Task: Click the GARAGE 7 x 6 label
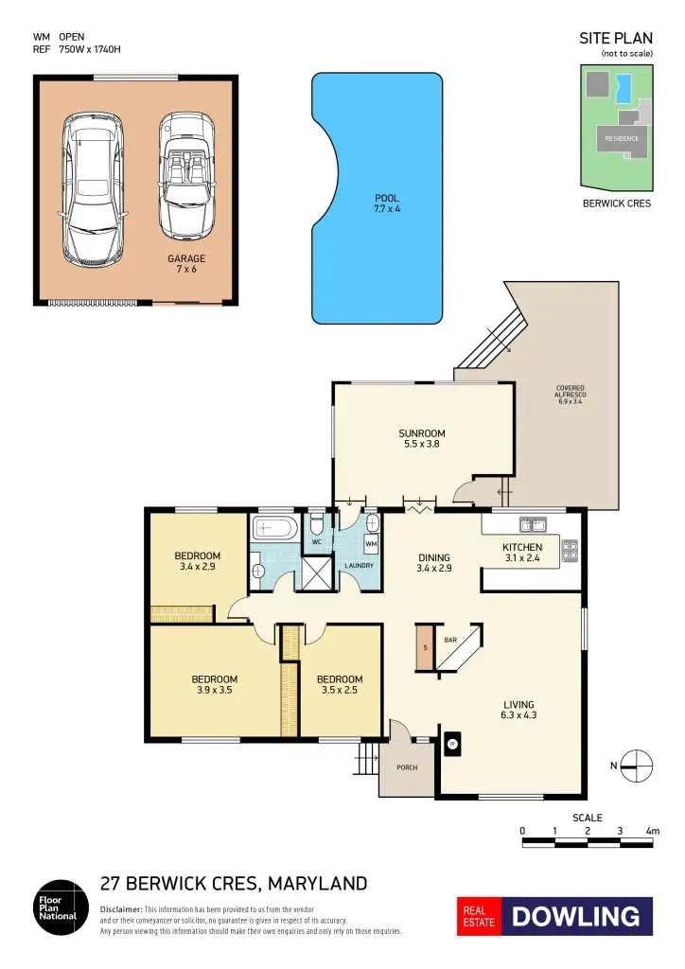point(186,263)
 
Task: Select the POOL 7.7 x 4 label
point(387,203)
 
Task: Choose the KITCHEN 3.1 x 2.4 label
point(521,553)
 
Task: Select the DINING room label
point(433,563)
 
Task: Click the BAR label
point(451,641)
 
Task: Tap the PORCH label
point(407,767)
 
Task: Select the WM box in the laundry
point(371,545)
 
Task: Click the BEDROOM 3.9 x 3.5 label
point(214,684)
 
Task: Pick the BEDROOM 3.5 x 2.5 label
point(340,684)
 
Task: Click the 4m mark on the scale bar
point(652,831)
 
